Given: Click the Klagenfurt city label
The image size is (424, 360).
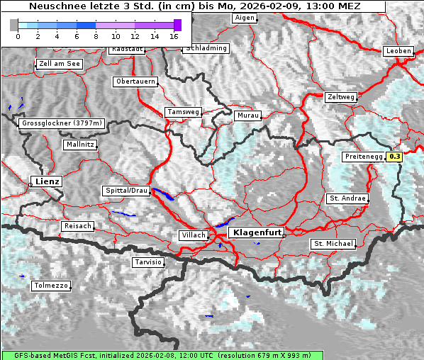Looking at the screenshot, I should click(x=257, y=232).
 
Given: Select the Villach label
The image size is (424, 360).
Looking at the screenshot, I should click(x=194, y=235).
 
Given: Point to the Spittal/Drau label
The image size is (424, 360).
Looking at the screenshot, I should click(x=126, y=191).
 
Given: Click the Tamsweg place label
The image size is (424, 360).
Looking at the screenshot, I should click(x=183, y=112).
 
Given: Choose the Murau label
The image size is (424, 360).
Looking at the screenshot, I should click(x=248, y=115).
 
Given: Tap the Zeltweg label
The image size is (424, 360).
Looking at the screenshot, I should click(x=341, y=96).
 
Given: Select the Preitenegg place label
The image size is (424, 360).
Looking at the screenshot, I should click(x=363, y=156).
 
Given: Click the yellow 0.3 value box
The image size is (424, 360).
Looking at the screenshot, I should click(x=395, y=156).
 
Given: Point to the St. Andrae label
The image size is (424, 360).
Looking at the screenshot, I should click(x=347, y=198).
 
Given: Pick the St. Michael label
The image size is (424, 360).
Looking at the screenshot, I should click(x=333, y=244).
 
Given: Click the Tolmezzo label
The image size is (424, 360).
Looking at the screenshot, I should click(x=51, y=286).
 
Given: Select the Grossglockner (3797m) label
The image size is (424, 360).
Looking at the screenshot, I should click(x=62, y=123).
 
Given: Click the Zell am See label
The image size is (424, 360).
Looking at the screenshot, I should click(x=60, y=64).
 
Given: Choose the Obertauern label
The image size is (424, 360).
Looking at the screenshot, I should click(x=135, y=81).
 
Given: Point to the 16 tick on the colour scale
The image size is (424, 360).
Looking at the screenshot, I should click(x=174, y=35).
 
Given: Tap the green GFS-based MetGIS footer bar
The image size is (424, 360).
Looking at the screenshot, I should click(x=162, y=355).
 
